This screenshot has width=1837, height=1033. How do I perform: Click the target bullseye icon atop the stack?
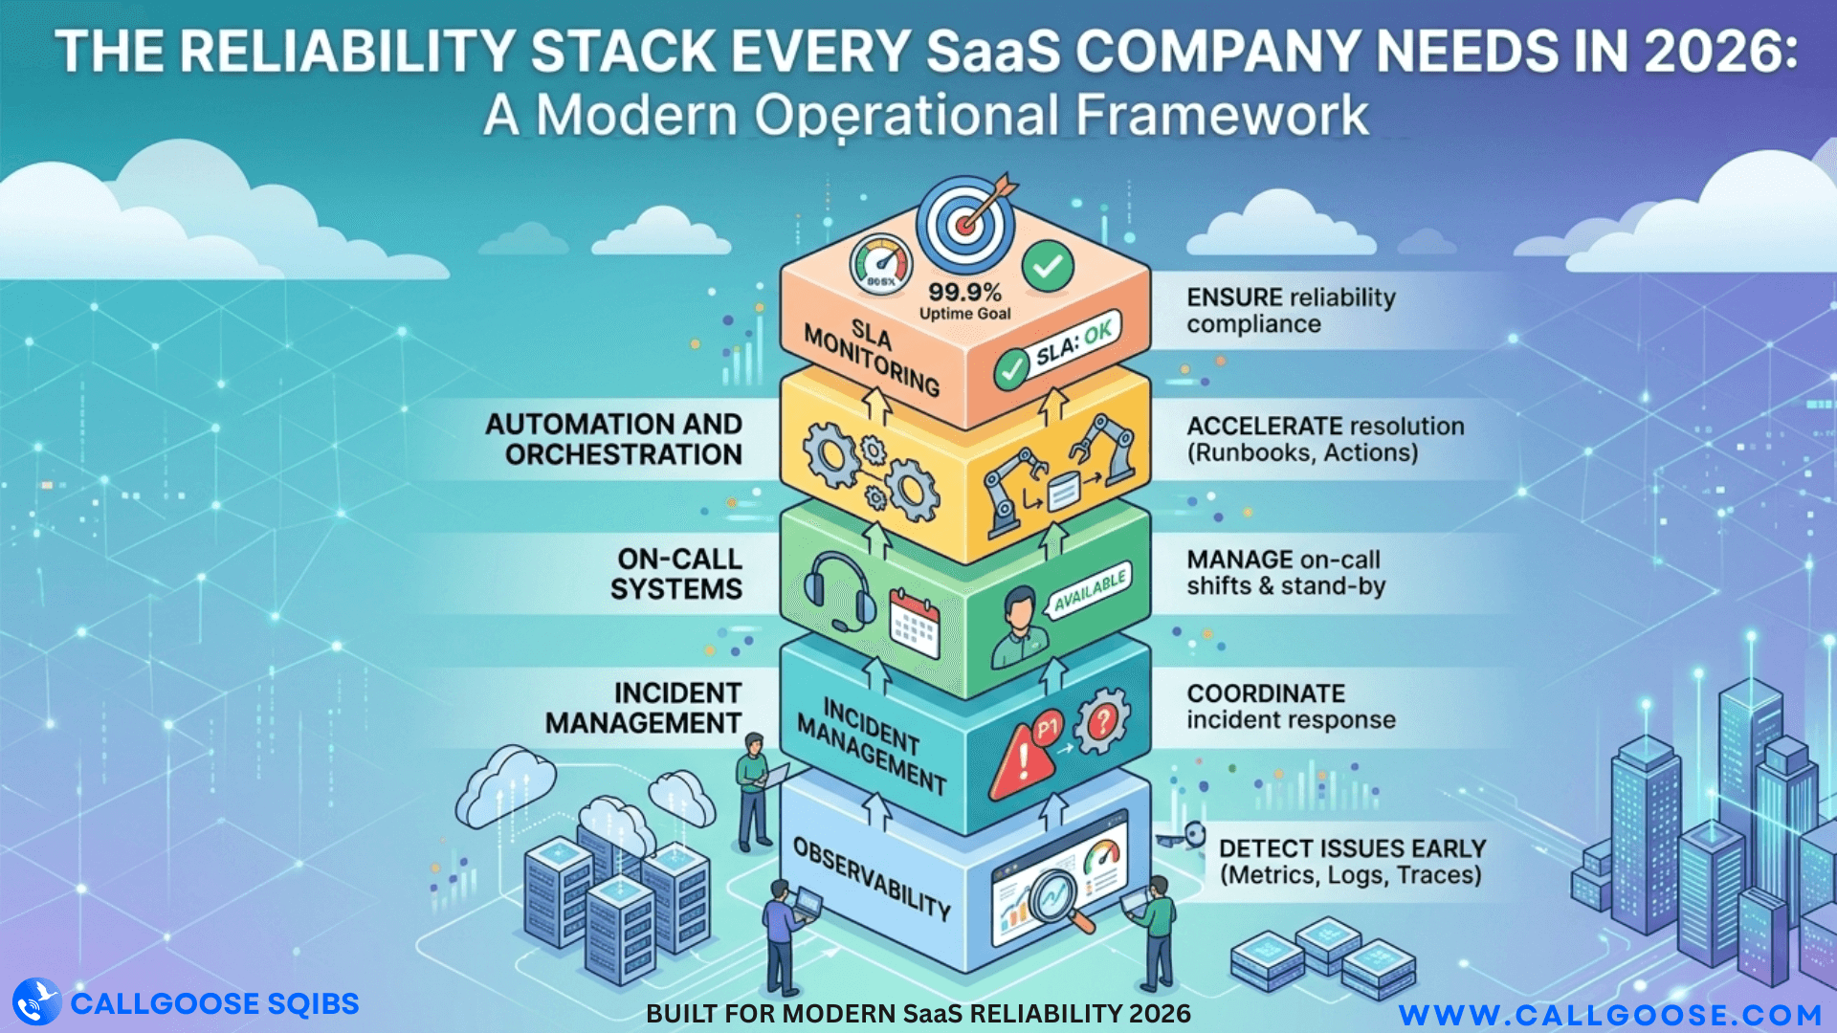966,226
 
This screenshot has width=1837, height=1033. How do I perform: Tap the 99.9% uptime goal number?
964,293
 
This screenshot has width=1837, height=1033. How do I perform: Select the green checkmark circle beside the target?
1048,267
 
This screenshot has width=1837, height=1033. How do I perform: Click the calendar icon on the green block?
915,623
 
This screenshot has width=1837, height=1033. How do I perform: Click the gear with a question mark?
1102,720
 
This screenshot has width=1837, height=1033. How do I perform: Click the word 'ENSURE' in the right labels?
1234,297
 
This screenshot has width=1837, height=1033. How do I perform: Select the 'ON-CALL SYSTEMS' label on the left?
677,574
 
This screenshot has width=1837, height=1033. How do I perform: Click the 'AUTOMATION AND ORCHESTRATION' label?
614,439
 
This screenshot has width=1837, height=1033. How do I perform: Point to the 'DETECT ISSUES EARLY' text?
1352,848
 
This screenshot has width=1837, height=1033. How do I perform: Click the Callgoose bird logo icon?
36,1002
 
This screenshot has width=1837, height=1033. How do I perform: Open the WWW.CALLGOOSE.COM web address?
1610,1014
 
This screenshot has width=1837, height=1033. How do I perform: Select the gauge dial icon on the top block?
881,264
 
